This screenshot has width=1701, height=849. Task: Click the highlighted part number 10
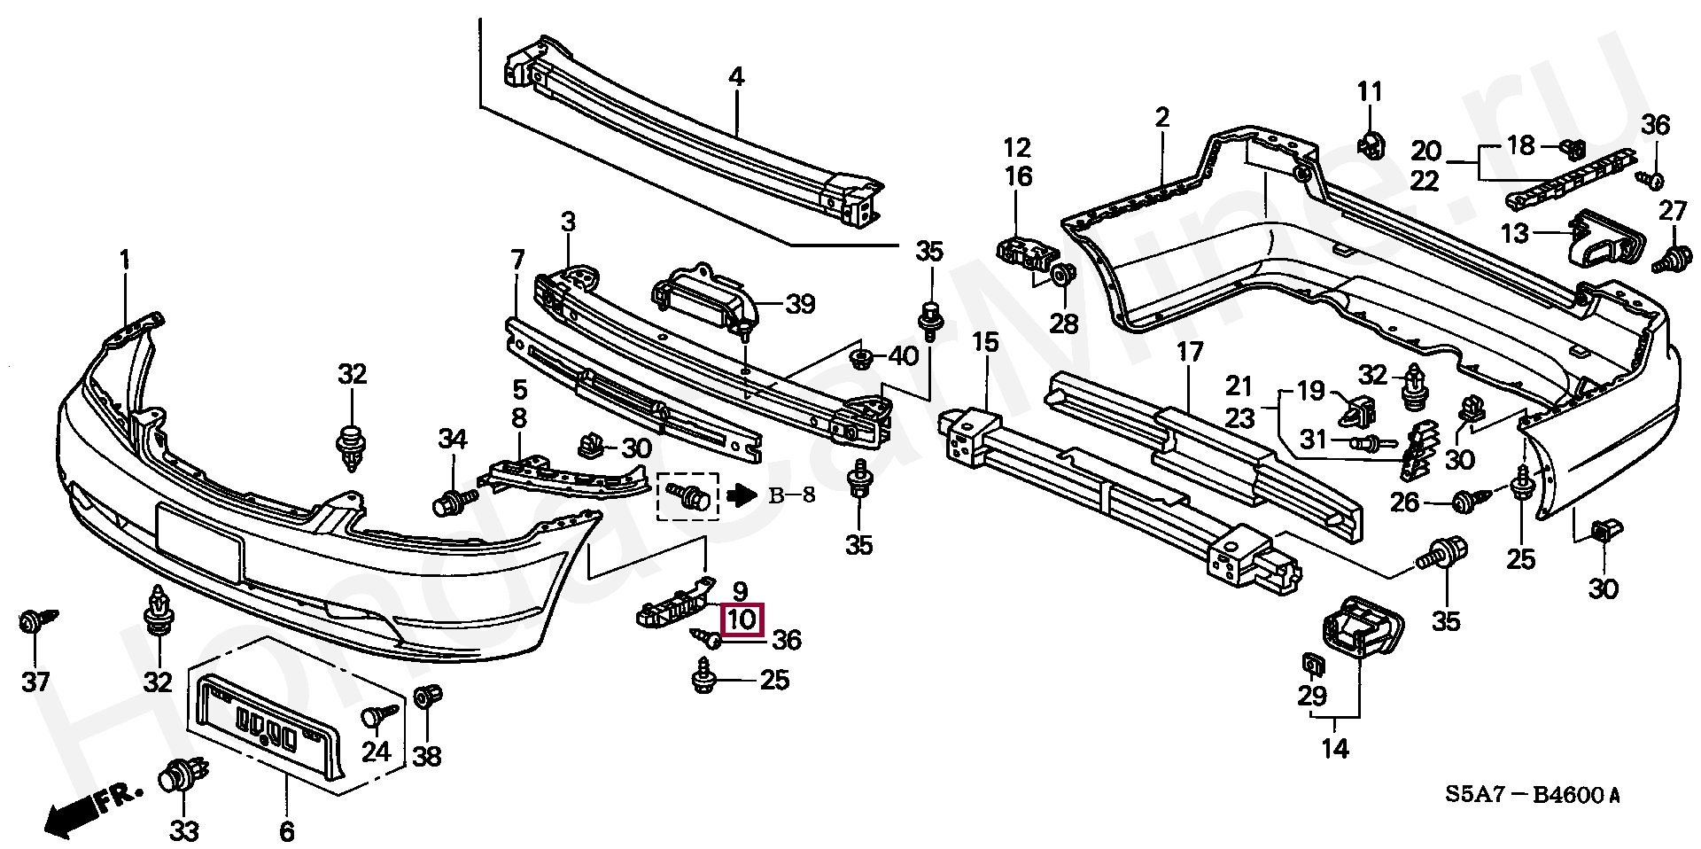click(x=742, y=619)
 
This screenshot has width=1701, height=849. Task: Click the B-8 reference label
click(x=791, y=495)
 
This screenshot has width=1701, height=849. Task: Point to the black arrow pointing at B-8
click(x=739, y=495)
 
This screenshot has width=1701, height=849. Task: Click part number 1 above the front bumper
click(x=124, y=261)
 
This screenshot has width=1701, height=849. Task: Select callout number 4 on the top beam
click(x=736, y=77)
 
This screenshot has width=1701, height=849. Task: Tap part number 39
click(x=800, y=305)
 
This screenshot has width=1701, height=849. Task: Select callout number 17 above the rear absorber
click(x=1190, y=353)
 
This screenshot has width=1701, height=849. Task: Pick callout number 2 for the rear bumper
click(x=1161, y=117)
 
